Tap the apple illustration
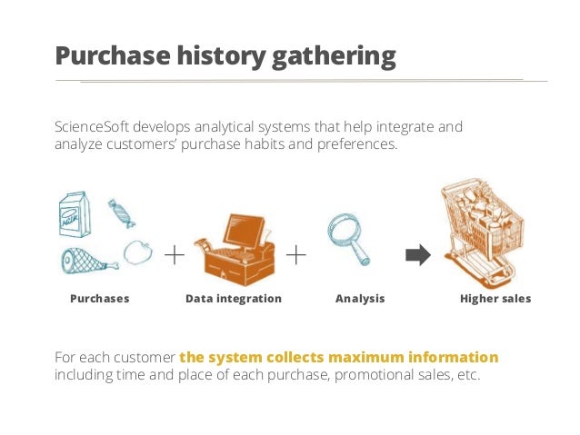pyautogui.click(x=137, y=252)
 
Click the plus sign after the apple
pyautogui.click(x=174, y=255)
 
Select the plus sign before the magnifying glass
pyautogui.click(x=296, y=255)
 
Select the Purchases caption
pyautogui.click(x=100, y=299)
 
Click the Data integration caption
pyautogui.click(x=234, y=299)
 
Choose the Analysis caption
pyautogui.click(x=360, y=299)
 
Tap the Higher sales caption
pyautogui.click(x=495, y=299)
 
